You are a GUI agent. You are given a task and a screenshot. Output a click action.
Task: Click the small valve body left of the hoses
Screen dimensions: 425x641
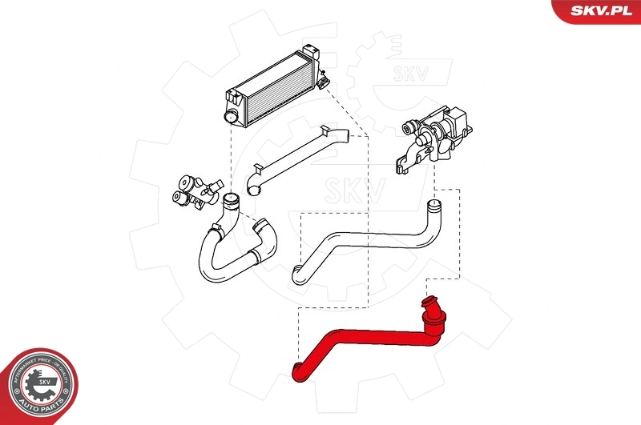click(192, 190)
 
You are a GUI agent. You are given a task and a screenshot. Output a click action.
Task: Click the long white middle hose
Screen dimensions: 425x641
click(361, 240)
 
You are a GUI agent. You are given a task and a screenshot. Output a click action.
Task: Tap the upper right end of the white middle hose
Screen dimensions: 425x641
click(433, 210)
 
